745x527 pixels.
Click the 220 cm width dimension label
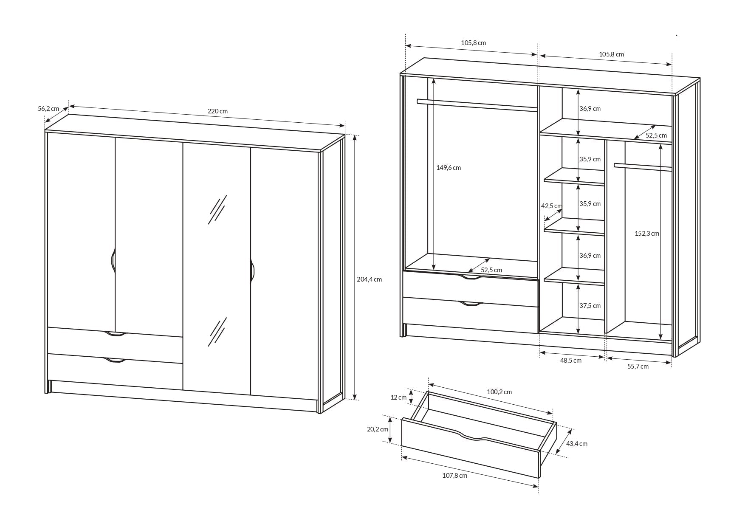pos(217,111)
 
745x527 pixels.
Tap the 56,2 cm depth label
pos(48,109)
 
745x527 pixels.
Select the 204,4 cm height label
pos(369,279)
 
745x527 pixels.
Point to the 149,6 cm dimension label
pos(449,168)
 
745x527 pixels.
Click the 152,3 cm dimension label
pos(647,234)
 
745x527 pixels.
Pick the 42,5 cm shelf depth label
pos(551,206)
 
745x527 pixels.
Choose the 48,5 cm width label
pos(571,361)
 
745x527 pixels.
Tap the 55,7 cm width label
pos(638,366)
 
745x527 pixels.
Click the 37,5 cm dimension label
pos(590,306)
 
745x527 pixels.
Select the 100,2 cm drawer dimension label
pos(499,392)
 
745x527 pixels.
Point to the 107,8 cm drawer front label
pos(454,476)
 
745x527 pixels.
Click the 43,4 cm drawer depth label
pos(577,444)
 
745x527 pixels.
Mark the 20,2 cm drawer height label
pos(378,429)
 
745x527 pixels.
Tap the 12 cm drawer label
pos(398,397)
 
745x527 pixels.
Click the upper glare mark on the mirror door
pos(217,209)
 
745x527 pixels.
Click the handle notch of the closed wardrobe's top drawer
pos(115,334)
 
